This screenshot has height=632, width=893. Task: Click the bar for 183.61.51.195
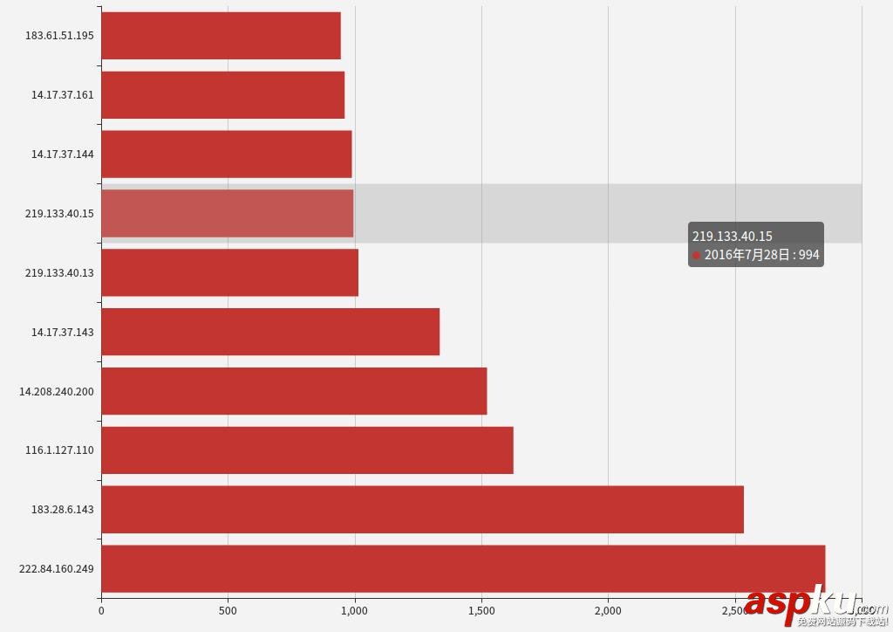click(x=221, y=36)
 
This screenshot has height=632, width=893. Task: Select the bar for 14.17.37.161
click(x=222, y=95)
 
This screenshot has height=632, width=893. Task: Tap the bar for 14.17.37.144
click(x=226, y=154)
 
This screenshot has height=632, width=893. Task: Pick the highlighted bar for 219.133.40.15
click(x=227, y=213)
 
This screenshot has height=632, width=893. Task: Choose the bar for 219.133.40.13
click(x=229, y=272)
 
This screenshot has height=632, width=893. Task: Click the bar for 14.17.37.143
click(x=270, y=332)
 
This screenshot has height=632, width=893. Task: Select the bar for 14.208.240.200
click(x=294, y=391)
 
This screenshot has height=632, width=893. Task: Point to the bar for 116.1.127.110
click(x=307, y=450)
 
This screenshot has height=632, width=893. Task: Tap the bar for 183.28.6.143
click(x=422, y=510)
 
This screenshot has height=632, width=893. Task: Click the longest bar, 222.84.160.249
click(x=463, y=569)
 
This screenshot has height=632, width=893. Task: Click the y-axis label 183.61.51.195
click(x=59, y=36)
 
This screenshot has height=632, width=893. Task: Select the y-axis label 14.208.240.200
click(x=57, y=391)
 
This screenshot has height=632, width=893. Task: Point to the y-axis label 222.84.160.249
click(x=57, y=569)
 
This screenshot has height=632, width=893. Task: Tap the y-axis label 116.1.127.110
click(x=59, y=450)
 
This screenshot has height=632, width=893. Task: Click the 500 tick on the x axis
click(x=228, y=611)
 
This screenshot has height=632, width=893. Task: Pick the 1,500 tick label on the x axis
click(x=481, y=611)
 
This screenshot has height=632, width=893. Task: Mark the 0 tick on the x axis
click(x=101, y=611)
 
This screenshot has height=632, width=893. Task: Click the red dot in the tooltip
click(x=697, y=256)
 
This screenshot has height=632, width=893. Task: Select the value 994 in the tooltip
click(x=809, y=255)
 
